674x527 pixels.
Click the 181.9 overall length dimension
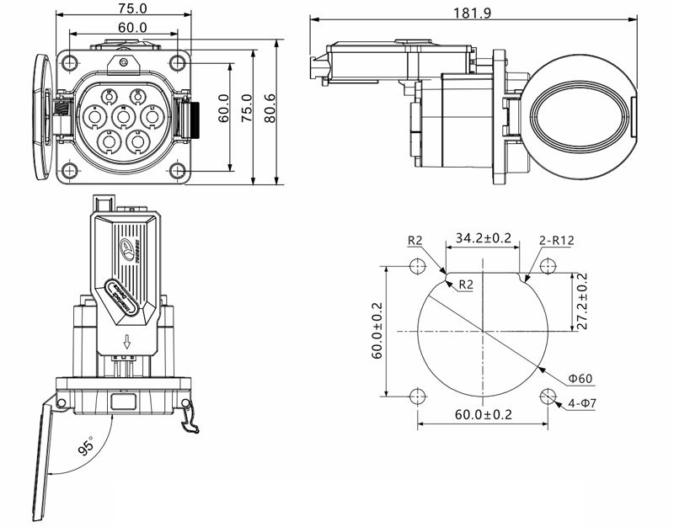coord(483,12)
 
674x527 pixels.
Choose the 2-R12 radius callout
coord(556,240)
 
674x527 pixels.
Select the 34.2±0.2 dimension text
coord(484,238)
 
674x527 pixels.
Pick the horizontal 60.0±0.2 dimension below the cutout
coord(483,414)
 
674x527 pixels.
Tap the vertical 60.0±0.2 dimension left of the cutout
coord(376,332)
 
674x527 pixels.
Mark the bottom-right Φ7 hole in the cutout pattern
coord(548,397)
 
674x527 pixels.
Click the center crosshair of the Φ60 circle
coord(483,331)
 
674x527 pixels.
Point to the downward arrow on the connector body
coord(126,342)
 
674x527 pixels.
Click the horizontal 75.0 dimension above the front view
coord(123,8)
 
